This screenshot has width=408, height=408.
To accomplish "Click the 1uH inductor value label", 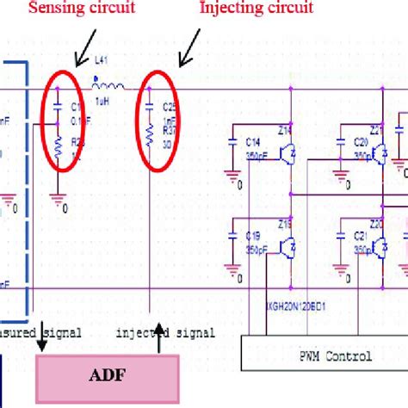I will (x=102, y=102).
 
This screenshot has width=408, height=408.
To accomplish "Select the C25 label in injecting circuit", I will (x=170, y=110).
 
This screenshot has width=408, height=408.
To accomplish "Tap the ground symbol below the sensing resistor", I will (x=59, y=199).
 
